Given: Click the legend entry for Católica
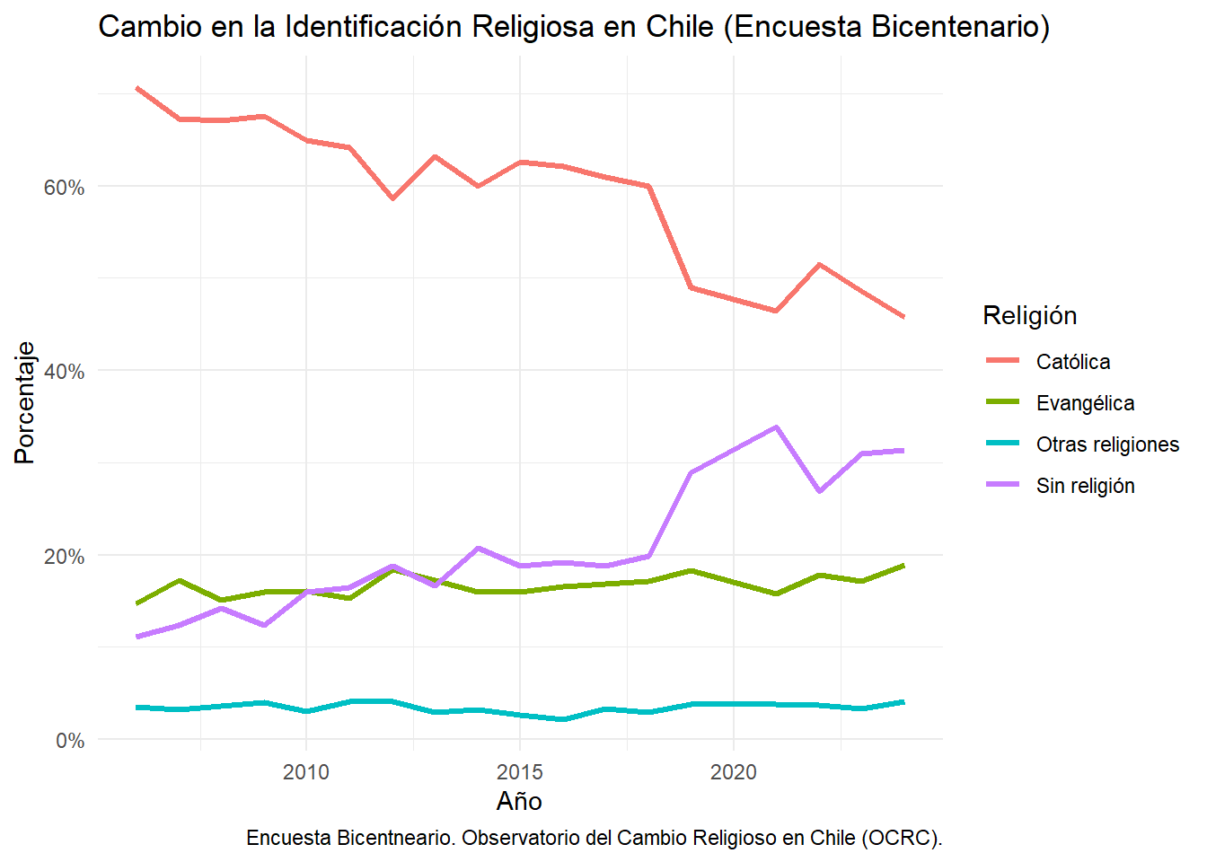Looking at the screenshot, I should (x=1072, y=362).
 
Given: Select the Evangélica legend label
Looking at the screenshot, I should (x=1085, y=403).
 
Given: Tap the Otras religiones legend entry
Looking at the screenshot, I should (x=1106, y=444).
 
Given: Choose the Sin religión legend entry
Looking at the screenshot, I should (x=1085, y=486).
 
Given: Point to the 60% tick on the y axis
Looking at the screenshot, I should (x=64, y=187).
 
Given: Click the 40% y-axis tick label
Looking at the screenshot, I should (x=64, y=371).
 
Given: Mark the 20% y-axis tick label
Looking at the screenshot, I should (x=64, y=556).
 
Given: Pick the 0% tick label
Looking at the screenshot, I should (x=69, y=741).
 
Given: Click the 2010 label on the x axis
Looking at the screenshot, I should (x=306, y=772).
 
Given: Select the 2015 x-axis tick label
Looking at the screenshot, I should (x=520, y=772).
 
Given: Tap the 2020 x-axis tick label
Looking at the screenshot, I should (x=734, y=772).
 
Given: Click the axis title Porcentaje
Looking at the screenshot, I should (x=25, y=402).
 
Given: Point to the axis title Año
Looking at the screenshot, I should (x=519, y=801).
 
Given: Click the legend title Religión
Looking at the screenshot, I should (x=1029, y=315).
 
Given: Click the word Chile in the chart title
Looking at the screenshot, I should (x=675, y=27).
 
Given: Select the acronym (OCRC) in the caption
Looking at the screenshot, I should (x=901, y=838).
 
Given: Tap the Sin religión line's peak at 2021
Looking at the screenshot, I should (x=776, y=427).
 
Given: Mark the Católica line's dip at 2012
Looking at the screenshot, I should (x=392, y=198).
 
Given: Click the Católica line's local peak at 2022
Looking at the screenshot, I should (x=819, y=265).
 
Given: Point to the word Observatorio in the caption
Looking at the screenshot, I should (x=520, y=838).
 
